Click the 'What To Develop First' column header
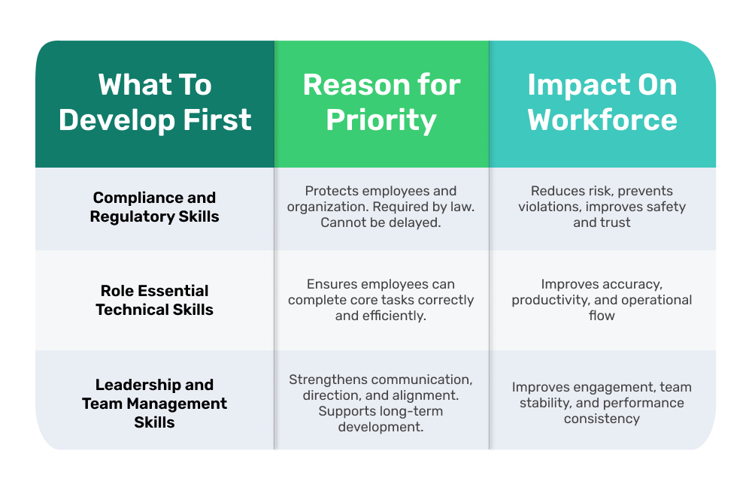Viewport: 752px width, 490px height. click(155, 103)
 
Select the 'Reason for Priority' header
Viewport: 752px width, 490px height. click(381, 103)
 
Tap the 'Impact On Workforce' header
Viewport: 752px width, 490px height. click(602, 103)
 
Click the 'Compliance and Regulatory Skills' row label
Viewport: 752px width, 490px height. click(154, 207)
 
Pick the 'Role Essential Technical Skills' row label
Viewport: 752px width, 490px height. click(154, 300)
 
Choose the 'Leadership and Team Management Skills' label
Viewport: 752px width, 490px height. click(154, 404)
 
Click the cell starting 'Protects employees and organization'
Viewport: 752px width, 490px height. click(381, 207)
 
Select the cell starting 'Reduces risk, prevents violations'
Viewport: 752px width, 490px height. click(602, 207)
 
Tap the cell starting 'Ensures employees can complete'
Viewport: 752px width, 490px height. click(381, 300)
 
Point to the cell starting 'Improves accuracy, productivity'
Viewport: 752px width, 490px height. click(602, 300)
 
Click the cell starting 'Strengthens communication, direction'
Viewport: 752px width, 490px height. click(381, 404)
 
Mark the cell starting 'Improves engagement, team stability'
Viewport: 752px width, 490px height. click(602, 403)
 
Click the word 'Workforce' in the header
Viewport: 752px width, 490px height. click(602, 120)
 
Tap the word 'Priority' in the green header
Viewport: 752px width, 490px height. click(381, 120)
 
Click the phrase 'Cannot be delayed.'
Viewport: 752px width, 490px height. click(381, 222)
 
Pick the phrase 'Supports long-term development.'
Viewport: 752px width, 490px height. click(381, 419)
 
